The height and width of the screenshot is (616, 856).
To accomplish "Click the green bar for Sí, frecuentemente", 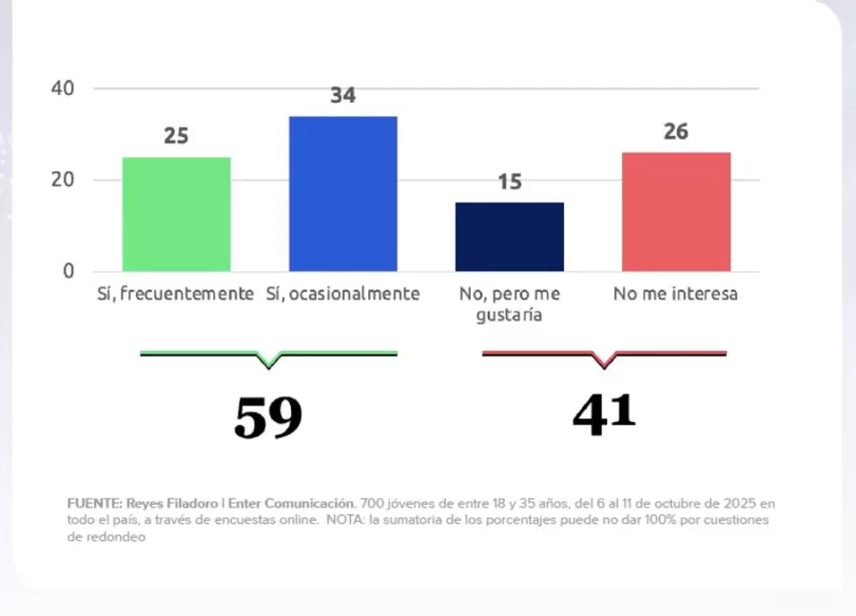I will [x=176, y=214].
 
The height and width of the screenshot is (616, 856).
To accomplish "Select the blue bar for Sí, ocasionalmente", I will [x=342, y=194].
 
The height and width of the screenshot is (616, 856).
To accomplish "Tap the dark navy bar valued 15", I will [x=510, y=237].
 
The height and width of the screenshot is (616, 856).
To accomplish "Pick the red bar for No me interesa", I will [x=676, y=212].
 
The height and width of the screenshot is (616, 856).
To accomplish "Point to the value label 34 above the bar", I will [x=342, y=96].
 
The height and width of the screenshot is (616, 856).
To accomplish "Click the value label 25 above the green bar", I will [x=176, y=136].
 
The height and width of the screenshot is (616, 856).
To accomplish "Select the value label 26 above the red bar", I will [x=676, y=131].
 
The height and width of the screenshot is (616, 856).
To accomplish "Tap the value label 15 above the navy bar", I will [x=510, y=182].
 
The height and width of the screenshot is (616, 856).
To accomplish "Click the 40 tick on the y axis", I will [x=63, y=88].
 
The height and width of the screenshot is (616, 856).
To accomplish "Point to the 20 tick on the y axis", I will [x=63, y=180].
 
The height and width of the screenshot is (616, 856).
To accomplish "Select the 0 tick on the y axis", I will [x=68, y=271].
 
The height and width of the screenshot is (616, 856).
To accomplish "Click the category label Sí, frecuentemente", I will [x=176, y=294].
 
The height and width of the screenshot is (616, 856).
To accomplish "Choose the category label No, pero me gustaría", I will [x=510, y=303].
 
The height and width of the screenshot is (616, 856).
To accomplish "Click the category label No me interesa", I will [x=675, y=294].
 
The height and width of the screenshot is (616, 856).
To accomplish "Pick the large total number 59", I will [x=268, y=417].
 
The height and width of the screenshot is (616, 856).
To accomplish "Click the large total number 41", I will [x=604, y=414].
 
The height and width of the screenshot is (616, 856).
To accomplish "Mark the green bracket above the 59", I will [x=268, y=356].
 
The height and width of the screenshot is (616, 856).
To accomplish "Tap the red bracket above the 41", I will [x=604, y=356].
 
